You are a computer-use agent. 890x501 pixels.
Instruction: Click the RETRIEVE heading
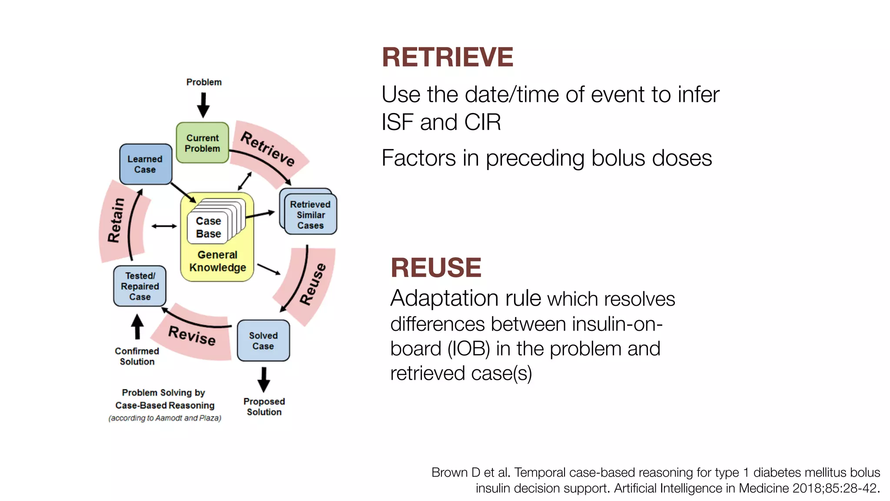pyautogui.click(x=447, y=57)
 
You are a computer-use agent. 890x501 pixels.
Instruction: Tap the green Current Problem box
pyautogui.click(x=203, y=143)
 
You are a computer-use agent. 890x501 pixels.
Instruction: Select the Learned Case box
pyautogui.click(x=145, y=164)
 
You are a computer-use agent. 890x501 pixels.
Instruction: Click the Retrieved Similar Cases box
pyautogui.click(x=310, y=215)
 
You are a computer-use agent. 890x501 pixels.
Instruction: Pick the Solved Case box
pyautogui.click(x=263, y=341)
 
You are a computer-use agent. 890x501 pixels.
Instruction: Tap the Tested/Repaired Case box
pyautogui.click(x=139, y=286)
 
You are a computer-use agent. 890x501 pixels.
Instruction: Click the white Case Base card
pyautogui.click(x=208, y=227)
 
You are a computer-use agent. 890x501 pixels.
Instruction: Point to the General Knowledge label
pyautogui.click(x=217, y=261)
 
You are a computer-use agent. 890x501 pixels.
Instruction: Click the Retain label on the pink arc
pyautogui.click(x=116, y=220)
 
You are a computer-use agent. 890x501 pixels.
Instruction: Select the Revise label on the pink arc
pyautogui.click(x=192, y=335)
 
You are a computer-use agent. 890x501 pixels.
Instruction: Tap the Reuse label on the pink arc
pyautogui.click(x=313, y=284)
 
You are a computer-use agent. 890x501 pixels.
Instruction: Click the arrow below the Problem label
pyautogui.click(x=203, y=105)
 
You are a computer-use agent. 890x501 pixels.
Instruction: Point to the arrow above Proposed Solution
pyautogui.click(x=264, y=380)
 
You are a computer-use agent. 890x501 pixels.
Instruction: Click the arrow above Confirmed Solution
pyautogui.click(x=137, y=327)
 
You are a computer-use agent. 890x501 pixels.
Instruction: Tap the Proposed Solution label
pyautogui.click(x=264, y=407)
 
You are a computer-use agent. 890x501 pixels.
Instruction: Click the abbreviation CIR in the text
pyautogui.click(x=482, y=122)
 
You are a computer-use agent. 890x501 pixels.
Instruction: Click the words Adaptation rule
pyautogui.click(x=465, y=299)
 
